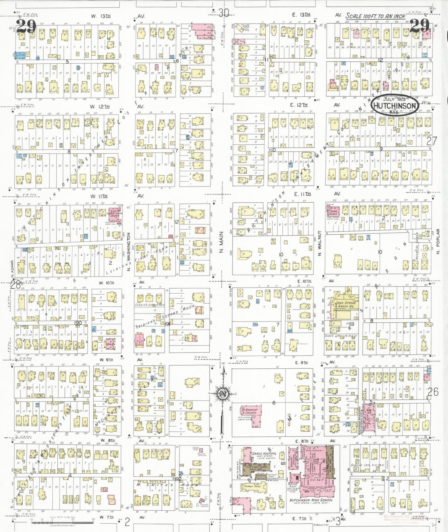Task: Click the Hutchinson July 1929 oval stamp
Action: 394,105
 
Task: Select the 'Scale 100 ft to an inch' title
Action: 375,16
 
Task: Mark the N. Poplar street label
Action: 438,241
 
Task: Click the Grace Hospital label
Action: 264,453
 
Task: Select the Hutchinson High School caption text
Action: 311,500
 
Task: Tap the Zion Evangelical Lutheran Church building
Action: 113,214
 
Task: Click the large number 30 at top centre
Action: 223,13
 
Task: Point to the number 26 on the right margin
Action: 433,392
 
